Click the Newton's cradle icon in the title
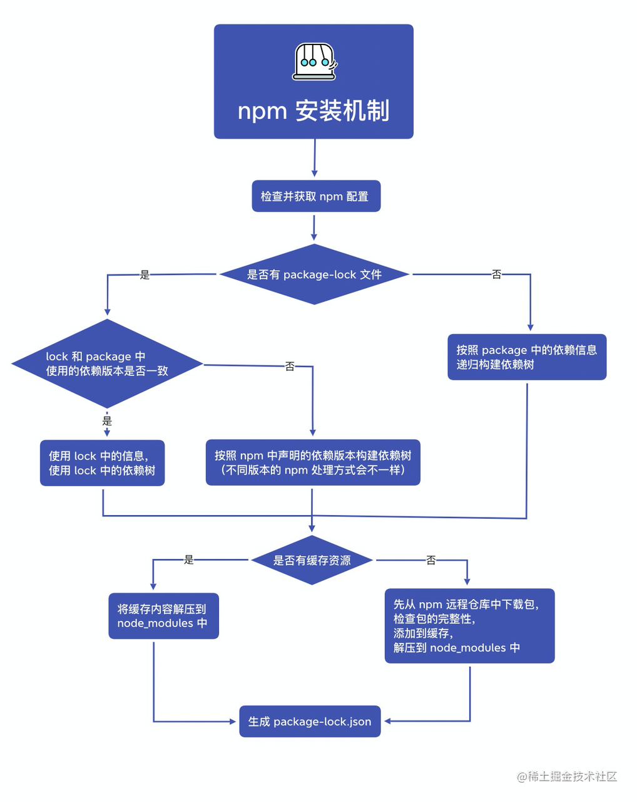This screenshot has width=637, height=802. point(315,61)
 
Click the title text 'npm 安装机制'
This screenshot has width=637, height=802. point(313,112)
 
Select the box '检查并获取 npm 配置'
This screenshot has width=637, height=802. point(315,197)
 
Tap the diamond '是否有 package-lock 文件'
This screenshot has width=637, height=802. point(314,274)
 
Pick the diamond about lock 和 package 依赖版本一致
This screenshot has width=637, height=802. point(107,364)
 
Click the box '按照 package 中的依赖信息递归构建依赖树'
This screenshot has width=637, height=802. point(527,357)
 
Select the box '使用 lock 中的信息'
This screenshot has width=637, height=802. point(102,463)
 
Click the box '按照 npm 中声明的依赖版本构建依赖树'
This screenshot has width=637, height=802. point(313,462)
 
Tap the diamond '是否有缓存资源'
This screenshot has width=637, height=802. point(312,560)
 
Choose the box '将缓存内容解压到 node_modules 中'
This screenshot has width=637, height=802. point(163,616)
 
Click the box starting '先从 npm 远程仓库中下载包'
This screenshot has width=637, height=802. point(469,626)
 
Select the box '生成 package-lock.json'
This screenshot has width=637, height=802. point(310,722)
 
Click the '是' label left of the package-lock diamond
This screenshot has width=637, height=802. point(145,274)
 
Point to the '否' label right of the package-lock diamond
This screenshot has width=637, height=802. point(497,274)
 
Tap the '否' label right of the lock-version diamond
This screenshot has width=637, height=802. point(290,366)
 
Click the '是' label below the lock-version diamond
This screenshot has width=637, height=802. point(107,420)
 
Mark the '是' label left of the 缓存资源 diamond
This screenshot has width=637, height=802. point(189,560)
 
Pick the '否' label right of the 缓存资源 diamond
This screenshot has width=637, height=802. point(431,560)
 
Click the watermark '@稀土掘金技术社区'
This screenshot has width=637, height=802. point(567,776)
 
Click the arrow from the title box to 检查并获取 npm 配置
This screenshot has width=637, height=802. point(314,159)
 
